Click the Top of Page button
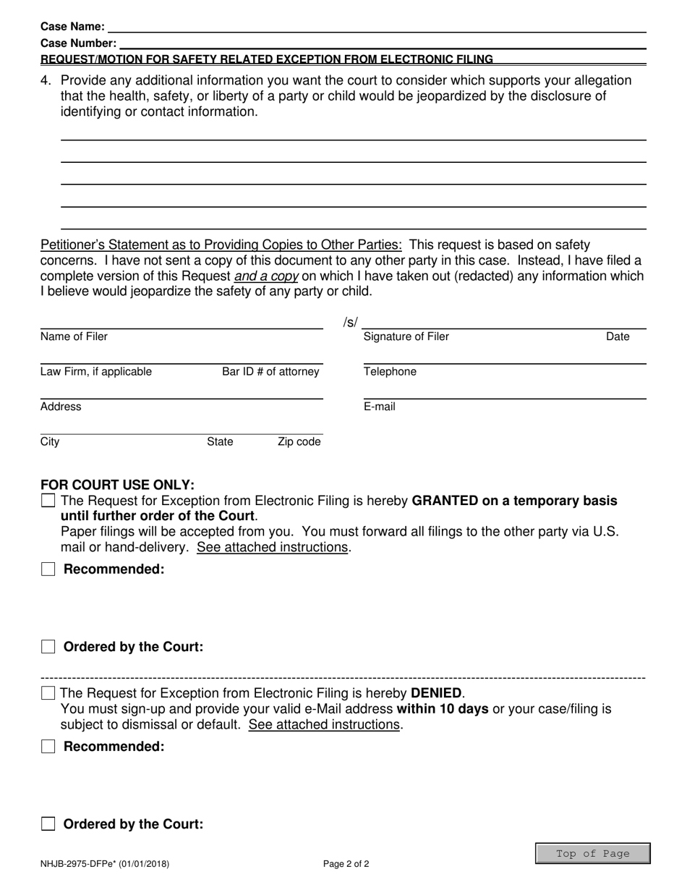tap(593, 854)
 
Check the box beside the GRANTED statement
tap(48, 501)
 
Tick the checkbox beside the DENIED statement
tap(48, 693)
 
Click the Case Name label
tap(72, 27)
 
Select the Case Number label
tap(78, 43)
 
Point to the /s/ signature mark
tap(350, 322)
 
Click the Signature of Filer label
tap(406, 336)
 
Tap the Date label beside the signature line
tap(618, 336)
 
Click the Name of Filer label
tap(74, 336)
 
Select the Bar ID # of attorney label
tap(270, 372)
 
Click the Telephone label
tap(390, 372)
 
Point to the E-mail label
tap(380, 407)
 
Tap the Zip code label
tap(299, 442)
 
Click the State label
tap(220, 442)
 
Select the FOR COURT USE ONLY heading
tap(117, 485)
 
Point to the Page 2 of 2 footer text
tap(346, 863)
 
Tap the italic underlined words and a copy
tap(266, 276)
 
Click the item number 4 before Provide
tap(46, 80)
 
